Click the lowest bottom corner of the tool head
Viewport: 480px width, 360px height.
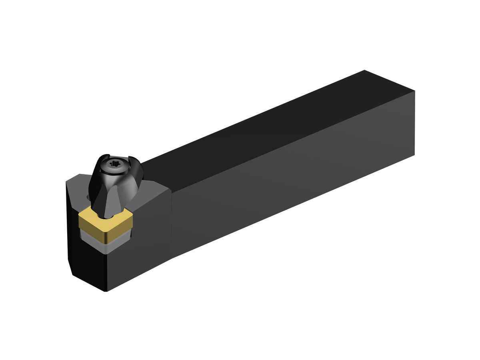click(106, 291)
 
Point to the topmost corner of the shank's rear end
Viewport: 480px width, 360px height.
click(364, 70)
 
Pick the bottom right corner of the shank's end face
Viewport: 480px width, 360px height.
click(414, 154)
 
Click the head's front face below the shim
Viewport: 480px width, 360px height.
click(136, 264)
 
